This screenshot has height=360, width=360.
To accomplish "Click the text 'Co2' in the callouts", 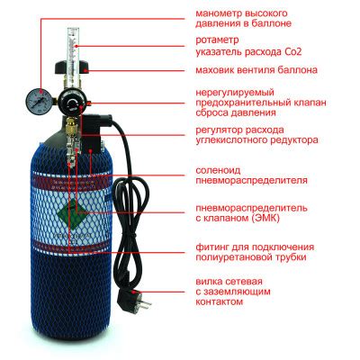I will click(x=310, y=53).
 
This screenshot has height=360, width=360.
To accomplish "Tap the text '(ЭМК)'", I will click(x=289, y=217).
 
